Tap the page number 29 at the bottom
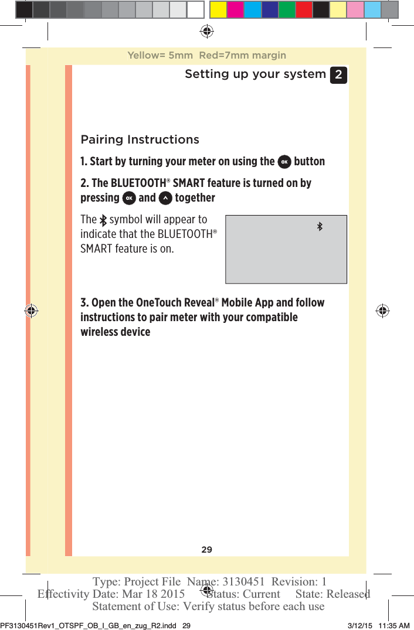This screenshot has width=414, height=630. point(207,550)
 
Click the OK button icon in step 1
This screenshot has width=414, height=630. point(284,162)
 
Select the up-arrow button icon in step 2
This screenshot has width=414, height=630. point(165,198)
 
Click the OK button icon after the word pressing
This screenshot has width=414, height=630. point(128,198)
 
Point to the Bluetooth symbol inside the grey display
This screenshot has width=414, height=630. point(320,226)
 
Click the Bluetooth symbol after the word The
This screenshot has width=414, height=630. point(103,220)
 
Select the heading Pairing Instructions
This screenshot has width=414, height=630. point(140,140)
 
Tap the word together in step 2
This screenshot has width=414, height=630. point(195,198)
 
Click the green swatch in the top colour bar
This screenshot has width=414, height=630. point(287,9)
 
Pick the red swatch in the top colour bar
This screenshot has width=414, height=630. point(304,9)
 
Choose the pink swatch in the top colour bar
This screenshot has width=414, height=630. point(355,9)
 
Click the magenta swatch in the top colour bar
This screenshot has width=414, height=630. point(236,9)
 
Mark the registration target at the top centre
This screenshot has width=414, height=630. point(206,31)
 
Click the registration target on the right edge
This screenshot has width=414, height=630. point(382,311)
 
